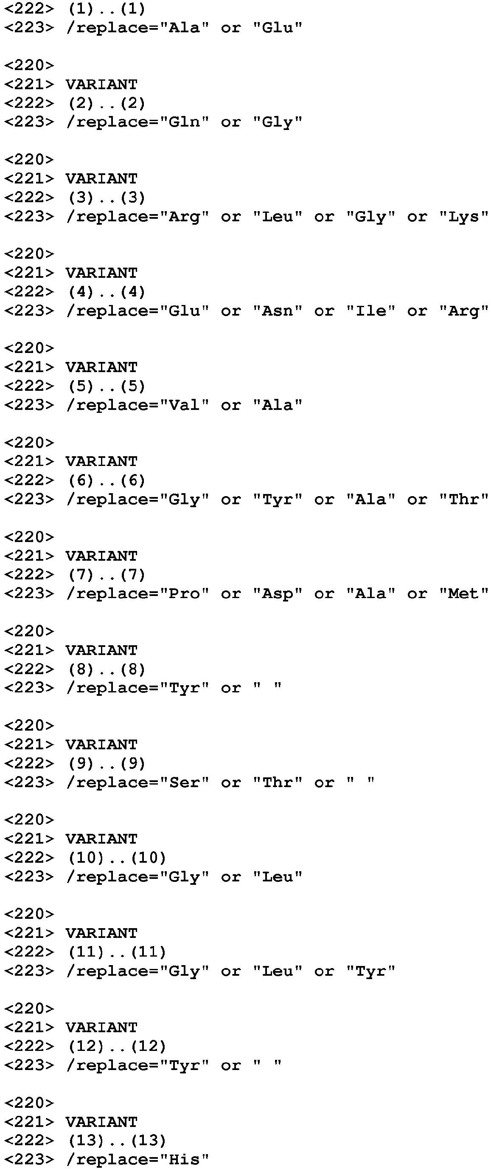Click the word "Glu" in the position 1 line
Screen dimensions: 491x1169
coord(277,28)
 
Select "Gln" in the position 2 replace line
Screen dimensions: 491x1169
coord(184,122)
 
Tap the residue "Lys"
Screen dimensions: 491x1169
coord(463,217)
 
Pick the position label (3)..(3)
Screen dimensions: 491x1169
coord(107,198)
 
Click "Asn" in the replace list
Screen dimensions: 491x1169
coord(277,311)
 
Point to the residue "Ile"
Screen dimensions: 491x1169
coord(370,311)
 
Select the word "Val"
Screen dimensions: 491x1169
coord(184,405)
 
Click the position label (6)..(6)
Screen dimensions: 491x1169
coord(107,480)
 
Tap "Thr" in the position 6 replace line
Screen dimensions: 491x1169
coord(463,499)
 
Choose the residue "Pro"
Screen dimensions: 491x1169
coord(184,593)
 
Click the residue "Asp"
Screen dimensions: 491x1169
coord(277,594)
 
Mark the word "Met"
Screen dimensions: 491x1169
coord(463,593)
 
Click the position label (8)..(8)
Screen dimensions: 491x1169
coord(107,669)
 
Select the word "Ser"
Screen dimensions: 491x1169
coord(184,782)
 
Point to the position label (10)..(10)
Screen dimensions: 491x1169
coord(117,858)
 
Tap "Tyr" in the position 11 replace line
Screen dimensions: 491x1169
coord(370,971)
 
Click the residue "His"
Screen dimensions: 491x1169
coord(184,1160)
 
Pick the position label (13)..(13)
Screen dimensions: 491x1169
coord(117,1141)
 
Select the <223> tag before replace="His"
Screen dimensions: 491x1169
coord(29,1160)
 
